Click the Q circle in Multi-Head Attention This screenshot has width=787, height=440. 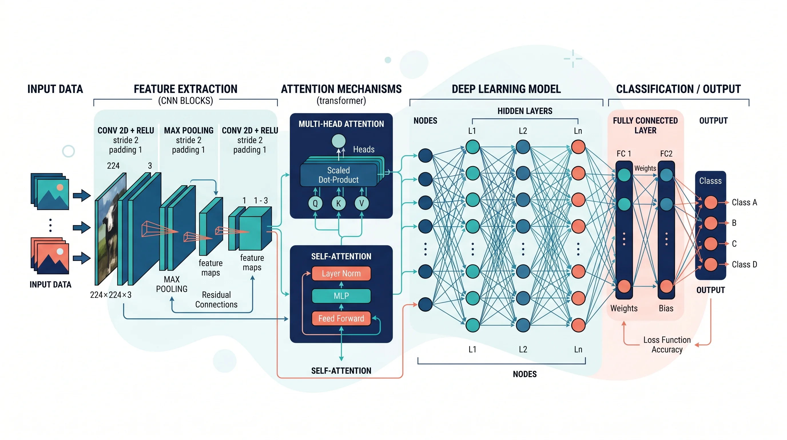[x=315, y=203]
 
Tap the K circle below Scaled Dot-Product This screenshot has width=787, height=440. [x=338, y=203]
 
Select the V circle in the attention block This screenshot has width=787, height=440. [x=361, y=203]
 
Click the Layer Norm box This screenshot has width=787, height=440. [x=341, y=273]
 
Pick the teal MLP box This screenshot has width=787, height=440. [x=341, y=296]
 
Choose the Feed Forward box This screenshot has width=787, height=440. [x=341, y=318]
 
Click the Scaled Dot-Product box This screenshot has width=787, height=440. [x=338, y=175]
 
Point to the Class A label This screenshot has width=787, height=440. [x=744, y=202]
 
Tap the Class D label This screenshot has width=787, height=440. [x=744, y=264]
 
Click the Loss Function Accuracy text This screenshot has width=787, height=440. [x=667, y=345]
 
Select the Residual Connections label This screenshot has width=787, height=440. [x=216, y=300]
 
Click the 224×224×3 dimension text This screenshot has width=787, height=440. [x=111, y=295]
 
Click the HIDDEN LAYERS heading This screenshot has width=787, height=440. [x=524, y=111]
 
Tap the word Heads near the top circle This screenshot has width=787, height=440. [x=363, y=149]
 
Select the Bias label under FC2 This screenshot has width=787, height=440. [x=666, y=308]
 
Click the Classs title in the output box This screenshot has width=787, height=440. [x=710, y=181]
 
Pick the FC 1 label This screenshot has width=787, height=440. [x=623, y=154]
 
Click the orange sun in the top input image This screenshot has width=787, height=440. [x=60, y=187]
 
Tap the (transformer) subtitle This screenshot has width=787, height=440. [x=341, y=101]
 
